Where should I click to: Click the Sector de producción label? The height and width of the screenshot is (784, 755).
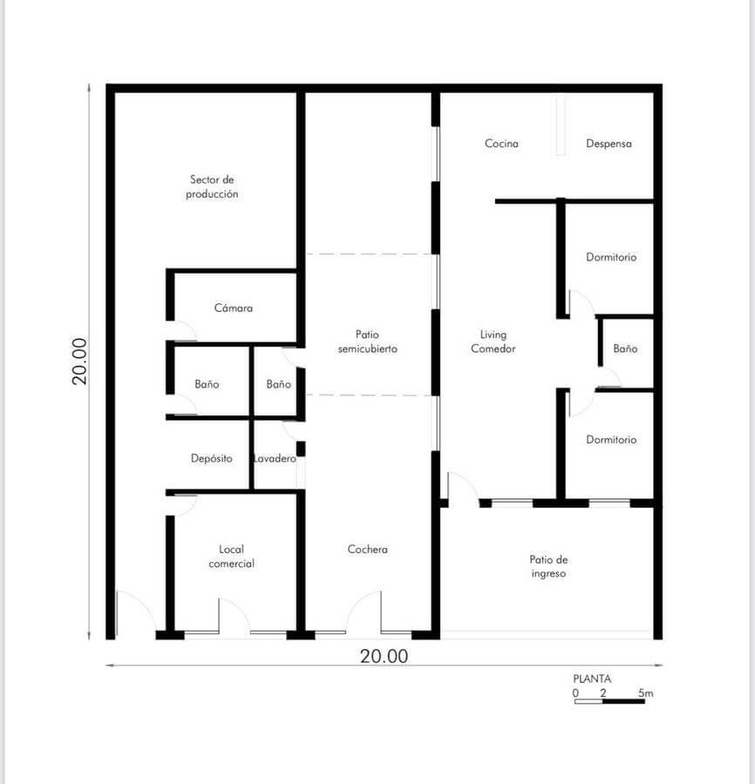click(x=212, y=186)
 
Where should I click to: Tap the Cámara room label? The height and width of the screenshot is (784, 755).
click(x=233, y=308)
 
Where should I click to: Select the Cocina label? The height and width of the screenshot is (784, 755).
click(x=501, y=144)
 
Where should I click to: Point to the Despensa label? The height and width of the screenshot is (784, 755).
click(x=609, y=144)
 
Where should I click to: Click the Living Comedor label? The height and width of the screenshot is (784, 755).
click(x=493, y=341)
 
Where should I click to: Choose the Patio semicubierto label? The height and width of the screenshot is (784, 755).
click(x=367, y=341)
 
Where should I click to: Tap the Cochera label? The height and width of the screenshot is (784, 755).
click(x=367, y=549)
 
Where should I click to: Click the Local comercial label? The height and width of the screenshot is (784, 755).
click(x=231, y=556)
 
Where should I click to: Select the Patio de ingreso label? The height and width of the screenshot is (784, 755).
click(x=548, y=566)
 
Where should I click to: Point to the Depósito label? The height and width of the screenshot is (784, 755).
click(x=212, y=458)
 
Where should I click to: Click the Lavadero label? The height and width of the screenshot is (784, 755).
click(x=275, y=458)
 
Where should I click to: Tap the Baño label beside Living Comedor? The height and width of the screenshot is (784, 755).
click(x=625, y=348)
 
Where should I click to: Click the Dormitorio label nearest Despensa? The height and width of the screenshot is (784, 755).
click(x=611, y=257)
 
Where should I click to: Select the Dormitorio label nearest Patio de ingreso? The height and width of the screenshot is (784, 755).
click(x=611, y=440)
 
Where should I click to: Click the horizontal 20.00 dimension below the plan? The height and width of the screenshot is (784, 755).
click(x=384, y=656)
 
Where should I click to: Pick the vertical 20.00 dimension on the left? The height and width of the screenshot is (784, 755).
click(x=79, y=361)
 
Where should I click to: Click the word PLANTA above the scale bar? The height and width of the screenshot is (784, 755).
click(x=592, y=679)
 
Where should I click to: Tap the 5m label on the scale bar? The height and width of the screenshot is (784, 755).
click(x=645, y=693)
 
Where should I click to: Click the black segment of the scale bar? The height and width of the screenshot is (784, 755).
click(x=623, y=701)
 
